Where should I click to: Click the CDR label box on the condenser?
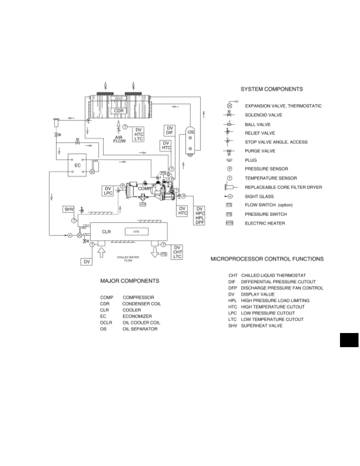pyautogui.click(x=119, y=111)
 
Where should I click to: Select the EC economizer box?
pyautogui.click(x=77, y=165)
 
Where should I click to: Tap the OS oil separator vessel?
pyautogui.click(x=191, y=140)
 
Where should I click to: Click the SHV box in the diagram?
pyautogui.click(x=69, y=209)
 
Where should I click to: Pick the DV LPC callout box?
pyautogui.click(x=108, y=191)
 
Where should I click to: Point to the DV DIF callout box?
pyautogui.click(x=169, y=130)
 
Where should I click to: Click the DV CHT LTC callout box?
pyautogui.click(x=177, y=252)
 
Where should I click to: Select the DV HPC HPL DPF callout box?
pyautogui.click(x=200, y=216)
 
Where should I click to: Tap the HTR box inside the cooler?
pyautogui.click(x=136, y=232)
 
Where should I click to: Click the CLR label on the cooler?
pyautogui.click(x=106, y=232)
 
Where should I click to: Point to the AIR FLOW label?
pyautogui.click(x=119, y=139)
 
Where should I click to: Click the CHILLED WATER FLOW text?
pyautogui.click(x=128, y=259)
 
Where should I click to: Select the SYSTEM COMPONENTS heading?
pyautogui.click(x=271, y=89)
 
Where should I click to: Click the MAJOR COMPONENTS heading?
pyautogui.click(x=130, y=281)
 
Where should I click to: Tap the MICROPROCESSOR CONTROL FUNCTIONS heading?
pyautogui.click(x=267, y=259)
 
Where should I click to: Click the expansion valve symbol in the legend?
pyautogui.click(x=230, y=106)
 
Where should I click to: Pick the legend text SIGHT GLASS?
pyautogui.click(x=259, y=196)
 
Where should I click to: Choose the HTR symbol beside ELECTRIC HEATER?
pyautogui.click(x=229, y=223)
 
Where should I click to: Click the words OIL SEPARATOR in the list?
pyautogui.click(x=140, y=329)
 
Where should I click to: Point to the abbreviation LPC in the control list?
pyautogui.click(x=232, y=313)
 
